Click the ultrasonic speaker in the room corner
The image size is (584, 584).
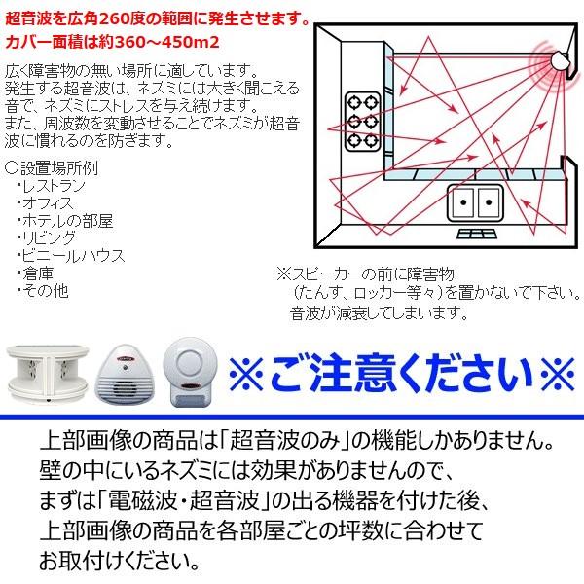click(561, 57)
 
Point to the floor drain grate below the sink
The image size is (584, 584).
click(474, 235)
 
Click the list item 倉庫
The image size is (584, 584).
click(37, 272)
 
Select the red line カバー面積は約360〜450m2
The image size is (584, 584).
click(108, 41)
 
